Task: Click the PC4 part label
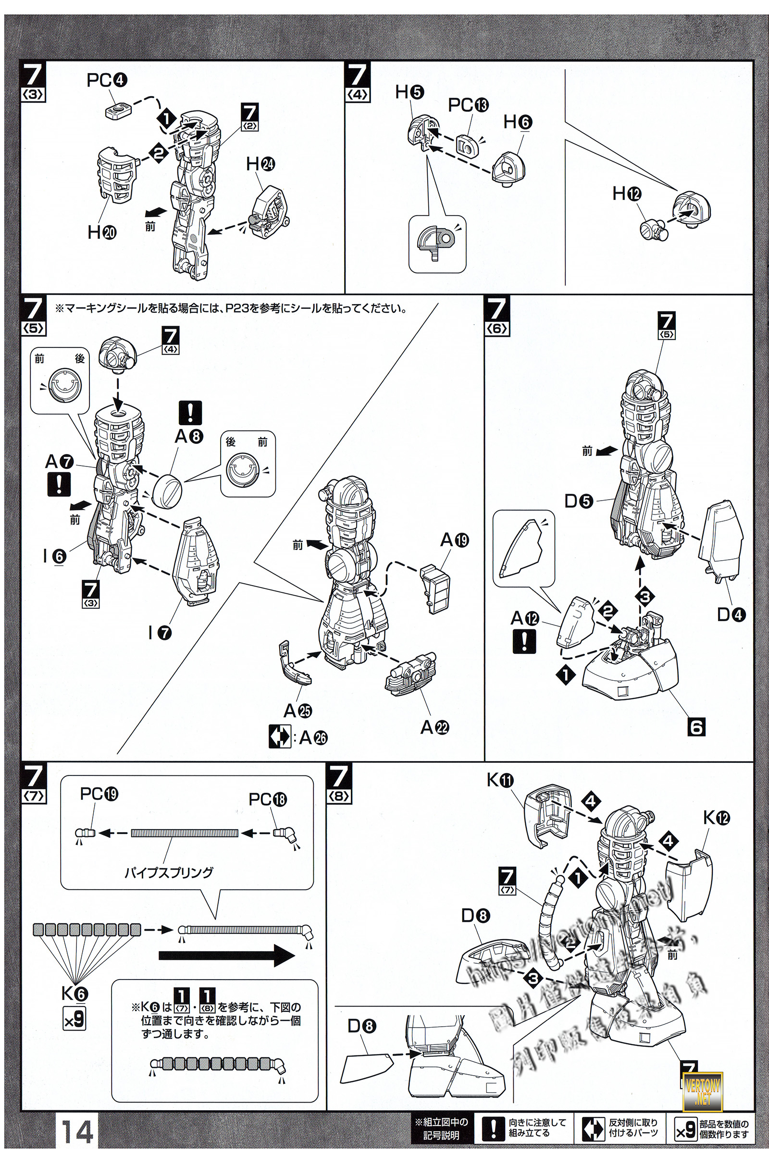point(106,81)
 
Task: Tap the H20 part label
point(101,233)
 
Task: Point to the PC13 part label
point(468,105)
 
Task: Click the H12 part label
point(627,194)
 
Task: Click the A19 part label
point(455,540)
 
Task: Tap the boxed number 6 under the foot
point(696,726)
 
